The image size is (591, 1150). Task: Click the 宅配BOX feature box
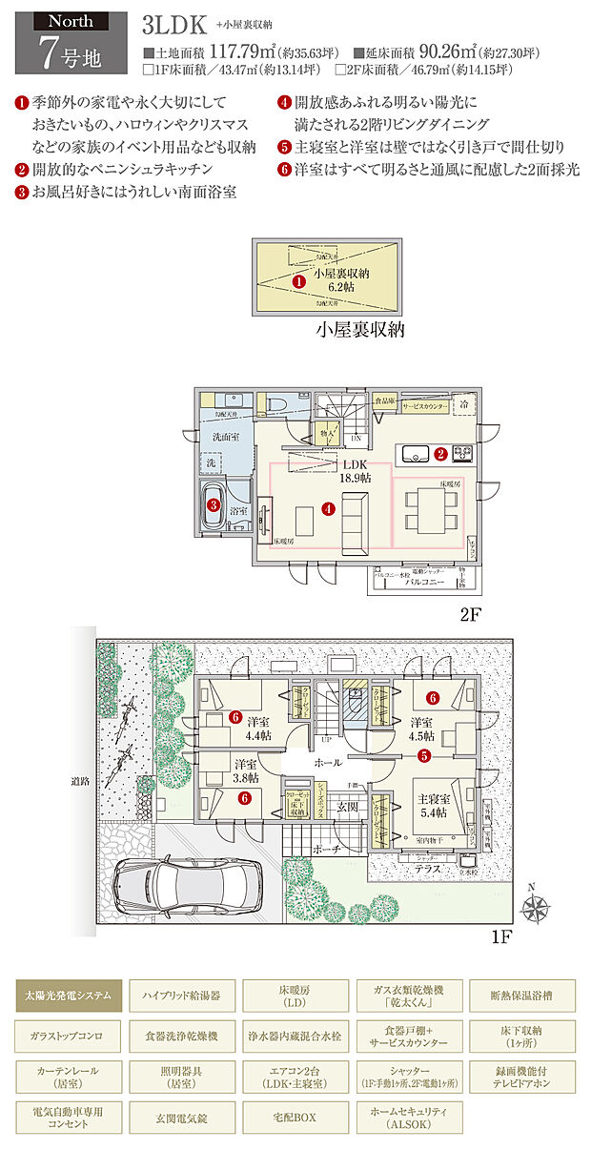click(x=295, y=1116)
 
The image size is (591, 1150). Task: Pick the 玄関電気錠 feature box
click(x=181, y=1116)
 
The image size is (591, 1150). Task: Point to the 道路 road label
click(x=80, y=780)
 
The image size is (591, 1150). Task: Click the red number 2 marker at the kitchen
click(x=440, y=455)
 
